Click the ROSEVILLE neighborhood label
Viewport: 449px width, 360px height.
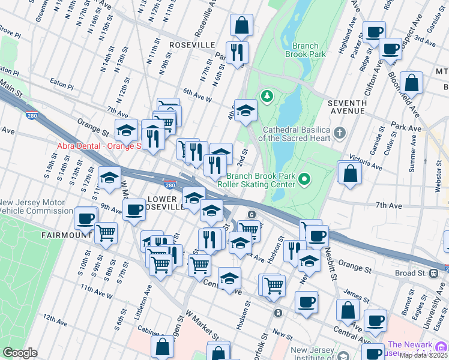tap(192, 46)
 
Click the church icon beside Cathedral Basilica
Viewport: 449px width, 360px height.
tap(339, 131)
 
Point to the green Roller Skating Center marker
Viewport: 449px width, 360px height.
tap(305, 179)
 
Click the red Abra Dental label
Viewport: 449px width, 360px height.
tap(98, 146)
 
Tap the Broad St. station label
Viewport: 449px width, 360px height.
tap(410, 273)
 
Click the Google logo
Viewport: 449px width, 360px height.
tap(20, 353)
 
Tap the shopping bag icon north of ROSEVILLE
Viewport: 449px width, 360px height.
tap(241, 26)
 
